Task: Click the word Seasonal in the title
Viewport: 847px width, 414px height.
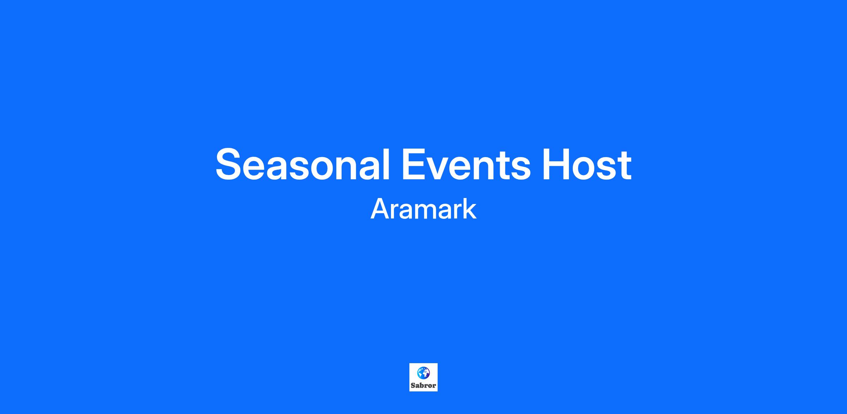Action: tap(303, 164)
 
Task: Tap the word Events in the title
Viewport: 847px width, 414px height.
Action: tap(466, 164)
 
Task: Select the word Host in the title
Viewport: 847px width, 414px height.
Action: tap(587, 164)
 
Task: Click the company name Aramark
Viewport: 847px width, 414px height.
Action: tap(423, 209)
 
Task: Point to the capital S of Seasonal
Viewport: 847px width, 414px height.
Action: tap(230, 164)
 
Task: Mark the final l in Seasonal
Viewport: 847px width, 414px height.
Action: tap(387, 164)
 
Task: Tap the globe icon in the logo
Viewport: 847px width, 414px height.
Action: tap(423, 373)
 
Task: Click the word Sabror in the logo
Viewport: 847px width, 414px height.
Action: tap(423, 385)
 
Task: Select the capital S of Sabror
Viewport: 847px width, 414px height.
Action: tap(413, 385)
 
